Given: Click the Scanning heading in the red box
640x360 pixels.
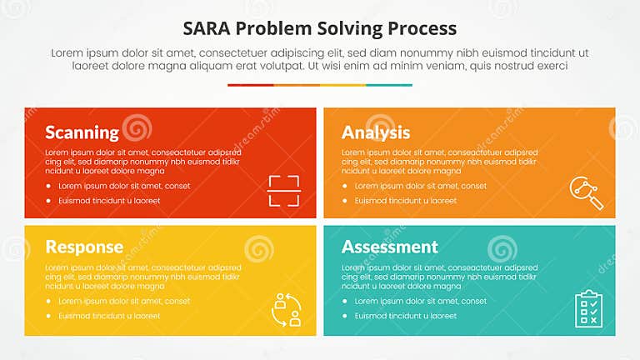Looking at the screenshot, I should click(x=82, y=132).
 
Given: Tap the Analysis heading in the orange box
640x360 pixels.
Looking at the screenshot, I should click(x=376, y=132).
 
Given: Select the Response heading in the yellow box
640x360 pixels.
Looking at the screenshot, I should click(x=84, y=247).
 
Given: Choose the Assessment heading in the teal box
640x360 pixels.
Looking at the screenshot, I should click(x=390, y=247).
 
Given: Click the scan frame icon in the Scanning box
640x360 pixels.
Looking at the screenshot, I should click(x=283, y=191).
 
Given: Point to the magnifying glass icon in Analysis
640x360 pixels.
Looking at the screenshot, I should click(x=586, y=192).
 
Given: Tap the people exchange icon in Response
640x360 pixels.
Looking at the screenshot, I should click(x=285, y=308).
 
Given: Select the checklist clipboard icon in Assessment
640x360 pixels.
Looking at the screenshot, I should click(x=587, y=307).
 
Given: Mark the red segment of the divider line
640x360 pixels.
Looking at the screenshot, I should click(x=250, y=85).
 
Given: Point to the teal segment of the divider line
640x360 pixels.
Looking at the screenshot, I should click(x=389, y=85).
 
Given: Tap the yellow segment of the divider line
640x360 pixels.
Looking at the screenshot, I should click(x=343, y=85).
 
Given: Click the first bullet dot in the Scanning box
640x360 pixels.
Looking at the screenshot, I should click(x=49, y=186).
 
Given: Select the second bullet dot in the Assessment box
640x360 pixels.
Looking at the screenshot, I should click(x=345, y=316).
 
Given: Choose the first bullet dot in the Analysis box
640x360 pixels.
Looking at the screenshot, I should click(x=345, y=186).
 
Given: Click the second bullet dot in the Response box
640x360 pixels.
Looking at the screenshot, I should click(x=49, y=316).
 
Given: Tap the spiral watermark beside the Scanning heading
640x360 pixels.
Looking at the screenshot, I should click(x=137, y=128).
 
